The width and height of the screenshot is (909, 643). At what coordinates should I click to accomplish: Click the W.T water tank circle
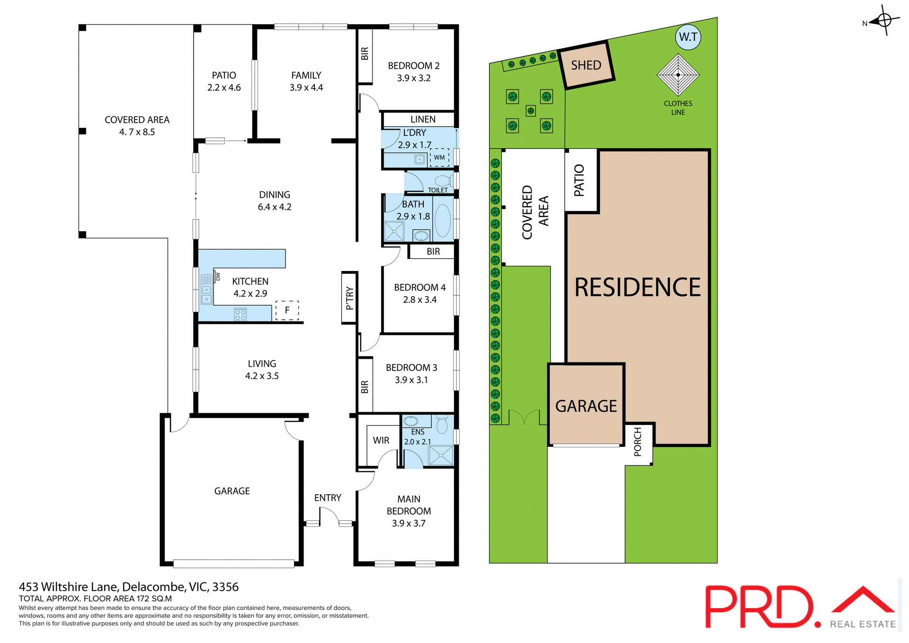688,37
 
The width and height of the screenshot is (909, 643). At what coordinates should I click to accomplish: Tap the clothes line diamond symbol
678,75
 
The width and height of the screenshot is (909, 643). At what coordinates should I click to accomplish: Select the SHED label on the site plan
586,65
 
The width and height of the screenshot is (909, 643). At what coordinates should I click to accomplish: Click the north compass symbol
884,20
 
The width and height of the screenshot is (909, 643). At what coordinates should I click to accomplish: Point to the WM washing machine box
439,157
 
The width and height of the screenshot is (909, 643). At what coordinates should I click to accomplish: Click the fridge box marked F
287,310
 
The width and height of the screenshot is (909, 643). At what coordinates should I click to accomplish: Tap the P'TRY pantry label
349,298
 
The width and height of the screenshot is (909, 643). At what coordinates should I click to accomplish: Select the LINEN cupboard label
423,119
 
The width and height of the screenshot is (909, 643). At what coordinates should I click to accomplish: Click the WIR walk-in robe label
381,440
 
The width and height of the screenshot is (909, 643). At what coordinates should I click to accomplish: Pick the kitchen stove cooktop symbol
241,315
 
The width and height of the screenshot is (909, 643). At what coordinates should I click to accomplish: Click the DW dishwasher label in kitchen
218,276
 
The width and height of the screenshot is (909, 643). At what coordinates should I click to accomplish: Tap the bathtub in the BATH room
443,220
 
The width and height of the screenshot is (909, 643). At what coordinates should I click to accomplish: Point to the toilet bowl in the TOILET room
443,181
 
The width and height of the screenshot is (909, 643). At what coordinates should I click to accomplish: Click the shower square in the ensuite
441,456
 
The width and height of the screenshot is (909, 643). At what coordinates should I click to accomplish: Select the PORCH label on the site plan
638,442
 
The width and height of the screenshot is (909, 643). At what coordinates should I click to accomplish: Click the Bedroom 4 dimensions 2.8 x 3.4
419,299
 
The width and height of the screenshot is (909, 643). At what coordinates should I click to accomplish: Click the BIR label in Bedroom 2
365,54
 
